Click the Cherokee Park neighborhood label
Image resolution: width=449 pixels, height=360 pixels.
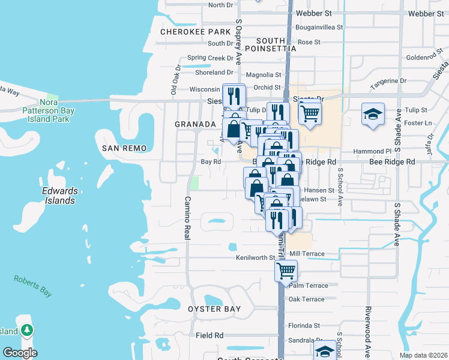(x=196, y=31)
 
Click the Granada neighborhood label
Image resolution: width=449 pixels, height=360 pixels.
(x=195, y=124)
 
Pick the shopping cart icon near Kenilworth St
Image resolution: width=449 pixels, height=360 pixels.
(x=286, y=270)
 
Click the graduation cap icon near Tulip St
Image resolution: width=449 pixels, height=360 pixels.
(x=372, y=113)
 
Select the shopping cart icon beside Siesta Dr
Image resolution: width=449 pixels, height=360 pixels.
(x=309, y=112)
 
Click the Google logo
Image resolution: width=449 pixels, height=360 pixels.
(x=19, y=353)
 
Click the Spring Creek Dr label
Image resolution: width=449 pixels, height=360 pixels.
(x=210, y=58)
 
